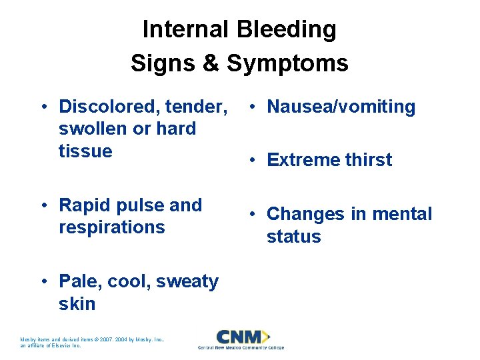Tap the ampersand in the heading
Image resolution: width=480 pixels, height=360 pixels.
(211, 63)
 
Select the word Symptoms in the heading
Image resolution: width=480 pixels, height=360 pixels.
(287, 63)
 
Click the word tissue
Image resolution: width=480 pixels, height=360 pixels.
(85, 151)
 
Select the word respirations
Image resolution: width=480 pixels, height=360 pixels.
(112, 227)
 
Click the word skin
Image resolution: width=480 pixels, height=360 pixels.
(77, 304)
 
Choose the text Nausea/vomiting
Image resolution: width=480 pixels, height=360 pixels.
(341, 107)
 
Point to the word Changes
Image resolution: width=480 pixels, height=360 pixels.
(307, 214)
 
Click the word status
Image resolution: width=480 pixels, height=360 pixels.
(293, 237)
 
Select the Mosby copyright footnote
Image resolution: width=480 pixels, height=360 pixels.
(93, 342)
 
